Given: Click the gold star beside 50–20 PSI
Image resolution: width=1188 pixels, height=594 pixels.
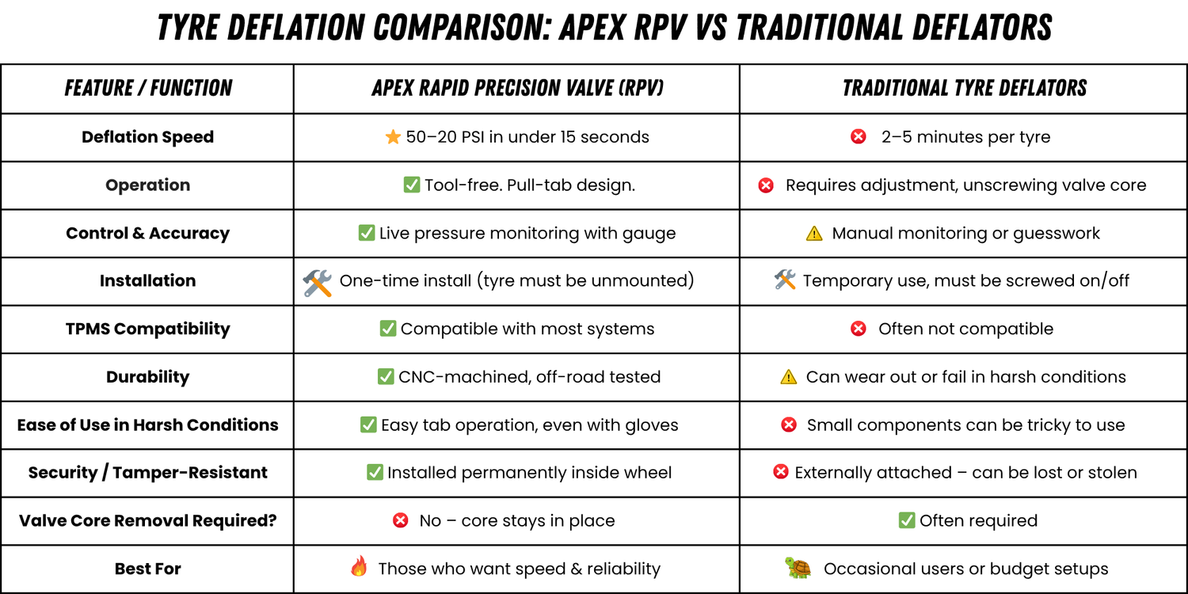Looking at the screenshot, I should pyautogui.click(x=393, y=137).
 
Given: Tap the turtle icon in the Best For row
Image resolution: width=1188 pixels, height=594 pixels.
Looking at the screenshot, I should pyautogui.click(x=798, y=568).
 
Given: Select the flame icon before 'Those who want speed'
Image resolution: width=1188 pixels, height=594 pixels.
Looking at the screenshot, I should pyautogui.click(x=359, y=567).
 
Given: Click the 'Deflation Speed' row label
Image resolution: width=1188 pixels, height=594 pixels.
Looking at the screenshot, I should pyautogui.click(x=147, y=137).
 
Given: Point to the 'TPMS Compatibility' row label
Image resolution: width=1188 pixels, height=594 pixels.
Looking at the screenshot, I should pyautogui.click(x=147, y=329).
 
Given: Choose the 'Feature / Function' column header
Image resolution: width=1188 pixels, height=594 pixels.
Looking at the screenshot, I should pyautogui.click(x=148, y=88).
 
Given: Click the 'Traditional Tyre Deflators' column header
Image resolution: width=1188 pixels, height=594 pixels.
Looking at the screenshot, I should pyautogui.click(x=964, y=88).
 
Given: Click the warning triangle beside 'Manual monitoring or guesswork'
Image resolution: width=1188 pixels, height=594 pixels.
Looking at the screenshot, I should pyautogui.click(x=813, y=234).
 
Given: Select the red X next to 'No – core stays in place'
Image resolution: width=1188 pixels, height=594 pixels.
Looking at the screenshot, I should pyautogui.click(x=401, y=520).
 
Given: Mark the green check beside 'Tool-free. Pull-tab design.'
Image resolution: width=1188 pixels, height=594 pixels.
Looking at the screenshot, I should pyautogui.click(x=412, y=185).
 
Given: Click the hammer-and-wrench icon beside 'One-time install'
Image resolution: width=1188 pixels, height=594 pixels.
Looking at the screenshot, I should pyautogui.click(x=318, y=282).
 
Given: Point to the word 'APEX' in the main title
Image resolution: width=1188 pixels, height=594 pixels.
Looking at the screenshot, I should pyautogui.click(x=598, y=29).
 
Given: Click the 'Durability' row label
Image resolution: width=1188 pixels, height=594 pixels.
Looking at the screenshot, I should pyautogui.click(x=147, y=377).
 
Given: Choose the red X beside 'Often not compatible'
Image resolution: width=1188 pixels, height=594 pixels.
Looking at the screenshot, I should pyautogui.click(x=858, y=329).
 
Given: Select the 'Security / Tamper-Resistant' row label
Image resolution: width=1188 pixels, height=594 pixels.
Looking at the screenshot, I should pyautogui.click(x=147, y=473).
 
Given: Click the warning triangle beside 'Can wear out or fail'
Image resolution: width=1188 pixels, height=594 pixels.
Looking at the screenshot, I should pyautogui.click(x=788, y=378).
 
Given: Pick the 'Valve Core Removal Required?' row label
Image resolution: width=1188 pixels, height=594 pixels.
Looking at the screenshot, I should pyautogui.click(x=147, y=520).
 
